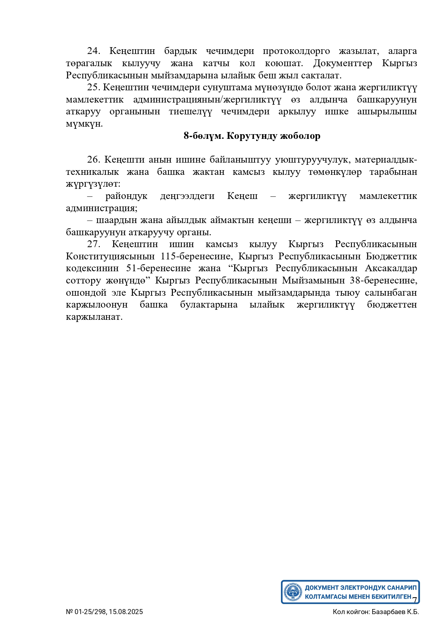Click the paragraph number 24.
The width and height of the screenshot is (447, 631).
tap(93, 51)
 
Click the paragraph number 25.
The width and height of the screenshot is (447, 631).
tap(93, 87)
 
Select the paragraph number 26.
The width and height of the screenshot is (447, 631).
tap(93, 159)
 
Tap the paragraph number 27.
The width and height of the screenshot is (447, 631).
tap(93, 244)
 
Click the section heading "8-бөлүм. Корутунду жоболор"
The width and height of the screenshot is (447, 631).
tap(252, 136)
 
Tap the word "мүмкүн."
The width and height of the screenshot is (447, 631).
tap(84, 124)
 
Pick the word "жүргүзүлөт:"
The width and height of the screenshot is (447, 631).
tap(93, 184)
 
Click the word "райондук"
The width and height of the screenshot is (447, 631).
tap(126, 196)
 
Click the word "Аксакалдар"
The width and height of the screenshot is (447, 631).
tap(391, 268)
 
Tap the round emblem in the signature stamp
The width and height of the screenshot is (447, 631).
tap(293, 592)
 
